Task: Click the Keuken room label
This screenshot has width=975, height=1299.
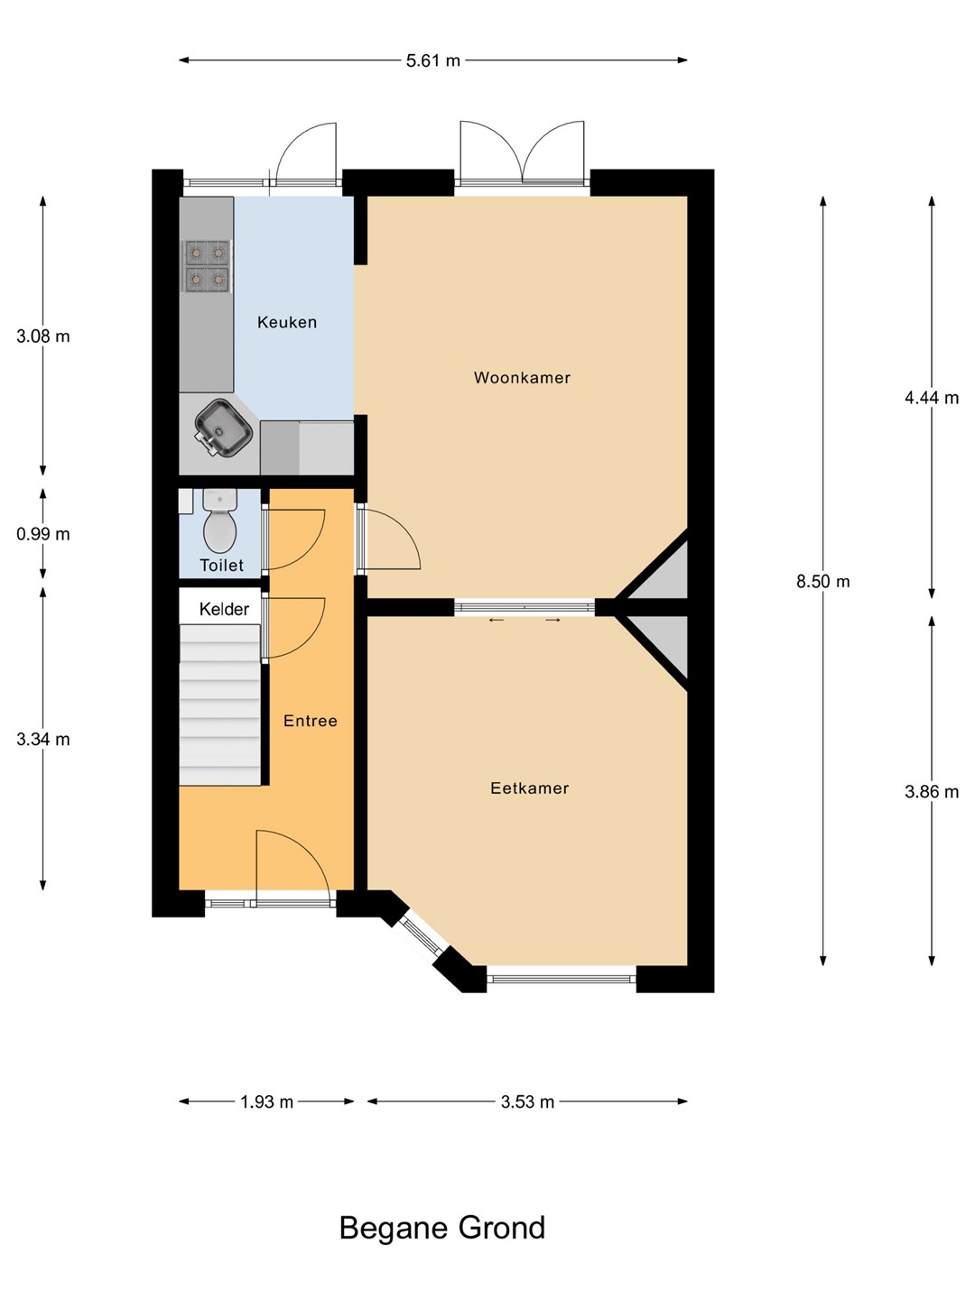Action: click(287, 323)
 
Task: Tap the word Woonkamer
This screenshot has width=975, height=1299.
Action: click(522, 378)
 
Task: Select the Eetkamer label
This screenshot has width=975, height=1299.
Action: click(530, 788)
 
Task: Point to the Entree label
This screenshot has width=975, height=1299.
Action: click(311, 721)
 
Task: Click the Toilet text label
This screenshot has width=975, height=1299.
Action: click(221, 566)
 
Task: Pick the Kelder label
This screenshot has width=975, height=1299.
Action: click(225, 609)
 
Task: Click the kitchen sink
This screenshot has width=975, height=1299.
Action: click(224, 428)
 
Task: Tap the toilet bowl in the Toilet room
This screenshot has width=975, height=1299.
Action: click(220, 520)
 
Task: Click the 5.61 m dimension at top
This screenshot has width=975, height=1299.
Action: click(432, 61)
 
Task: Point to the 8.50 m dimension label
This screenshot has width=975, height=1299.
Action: click(822, 582)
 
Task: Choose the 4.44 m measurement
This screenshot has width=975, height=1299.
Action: click(931, 398)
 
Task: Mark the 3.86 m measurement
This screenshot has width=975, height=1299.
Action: click(931, 792)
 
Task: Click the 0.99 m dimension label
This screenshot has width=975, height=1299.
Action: click(43, 534)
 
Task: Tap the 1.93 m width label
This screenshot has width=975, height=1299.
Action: click(267, 1102)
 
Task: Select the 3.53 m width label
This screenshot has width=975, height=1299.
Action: click(527, 1102)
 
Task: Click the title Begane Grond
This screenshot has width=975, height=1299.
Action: click(442, 1228)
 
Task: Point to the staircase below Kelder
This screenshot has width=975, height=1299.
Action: click(220, 705)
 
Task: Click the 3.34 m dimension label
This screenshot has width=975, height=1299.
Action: click(43, 739)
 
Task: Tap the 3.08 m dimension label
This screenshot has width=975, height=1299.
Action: click(43, 336)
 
